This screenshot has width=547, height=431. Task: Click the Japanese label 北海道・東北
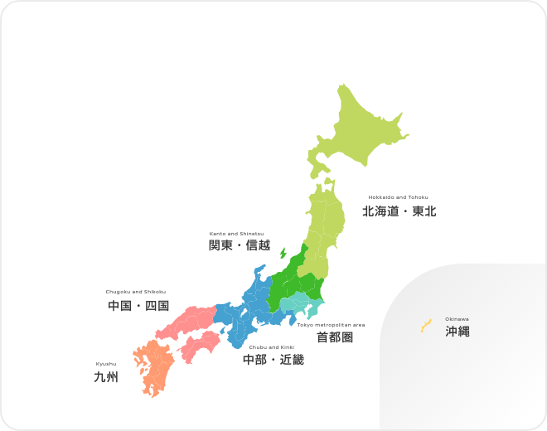(399, 211)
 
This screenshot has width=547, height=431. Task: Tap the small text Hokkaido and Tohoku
(398, 197)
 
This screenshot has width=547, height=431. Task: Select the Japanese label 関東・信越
(240, 245)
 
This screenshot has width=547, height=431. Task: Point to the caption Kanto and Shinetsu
(236, 234)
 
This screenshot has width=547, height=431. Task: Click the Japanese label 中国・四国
(138, 306)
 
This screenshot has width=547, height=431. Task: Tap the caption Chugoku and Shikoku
(136, 292)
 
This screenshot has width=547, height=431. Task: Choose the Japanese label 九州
(106, 378)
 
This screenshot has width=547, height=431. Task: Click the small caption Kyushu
(106, 364)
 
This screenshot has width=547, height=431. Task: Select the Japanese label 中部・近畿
(273, 360)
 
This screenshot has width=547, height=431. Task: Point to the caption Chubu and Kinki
(272, 347)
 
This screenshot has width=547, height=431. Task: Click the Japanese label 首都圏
(335, 338)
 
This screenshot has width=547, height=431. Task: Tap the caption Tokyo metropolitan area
(331, 325)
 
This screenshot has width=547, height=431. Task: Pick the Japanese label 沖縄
(457, 332)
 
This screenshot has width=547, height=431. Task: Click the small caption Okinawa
(457, 319)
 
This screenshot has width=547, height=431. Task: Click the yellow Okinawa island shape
(425, 326)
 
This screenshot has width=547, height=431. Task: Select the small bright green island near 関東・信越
(283, 253)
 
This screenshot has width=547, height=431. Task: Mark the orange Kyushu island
(154, 365)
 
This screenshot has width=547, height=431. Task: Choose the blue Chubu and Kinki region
(249, 315)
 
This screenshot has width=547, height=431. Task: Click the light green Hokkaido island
(356, 133)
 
